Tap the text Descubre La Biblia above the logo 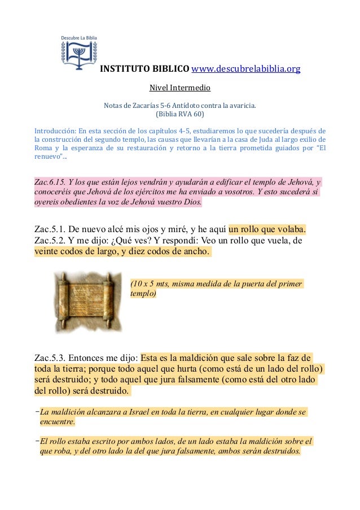(x=79, y=38)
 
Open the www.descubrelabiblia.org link (x=246, y=69)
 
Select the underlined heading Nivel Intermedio (x=179, y=88)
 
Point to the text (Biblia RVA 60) (x=179, y=113)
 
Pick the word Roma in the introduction (x=43, y=149)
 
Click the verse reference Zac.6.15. (x=49, y=183)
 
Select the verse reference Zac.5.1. (x=50, y=230)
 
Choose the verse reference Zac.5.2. (x=50, y=241)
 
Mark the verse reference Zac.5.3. (x=50, y=358)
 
